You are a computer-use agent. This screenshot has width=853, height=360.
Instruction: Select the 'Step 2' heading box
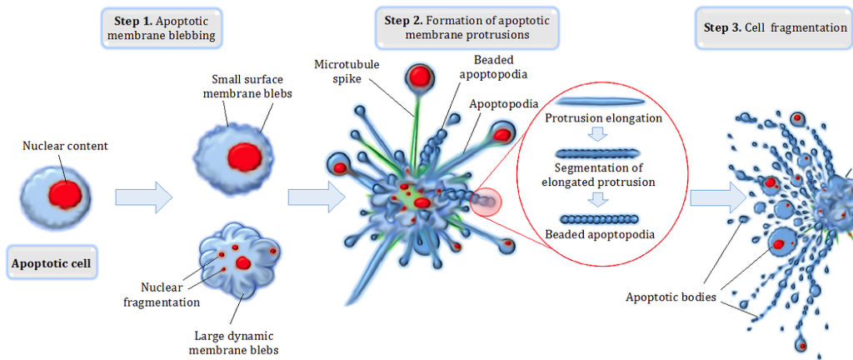(x=466, y=27)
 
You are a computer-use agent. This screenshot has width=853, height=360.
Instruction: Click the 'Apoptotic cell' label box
(x=50, y=264)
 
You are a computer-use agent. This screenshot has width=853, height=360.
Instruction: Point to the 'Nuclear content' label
(x=65, y=147)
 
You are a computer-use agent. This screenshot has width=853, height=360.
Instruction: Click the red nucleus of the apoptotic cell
(x=65, y=193)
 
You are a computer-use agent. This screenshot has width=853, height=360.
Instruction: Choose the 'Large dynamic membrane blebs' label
(x=233, y=343)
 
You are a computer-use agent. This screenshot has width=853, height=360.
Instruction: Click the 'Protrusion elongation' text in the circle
(x=603, y=118)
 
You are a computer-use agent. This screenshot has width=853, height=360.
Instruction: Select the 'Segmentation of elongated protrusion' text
(x=598, y=175)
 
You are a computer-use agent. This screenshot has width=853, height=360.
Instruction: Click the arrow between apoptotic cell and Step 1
(x=143, y=197)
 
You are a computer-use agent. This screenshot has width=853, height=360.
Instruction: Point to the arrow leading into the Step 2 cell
(x=315, y=197)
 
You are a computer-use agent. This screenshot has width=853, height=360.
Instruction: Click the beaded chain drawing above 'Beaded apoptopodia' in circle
(x=599, y=219)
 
